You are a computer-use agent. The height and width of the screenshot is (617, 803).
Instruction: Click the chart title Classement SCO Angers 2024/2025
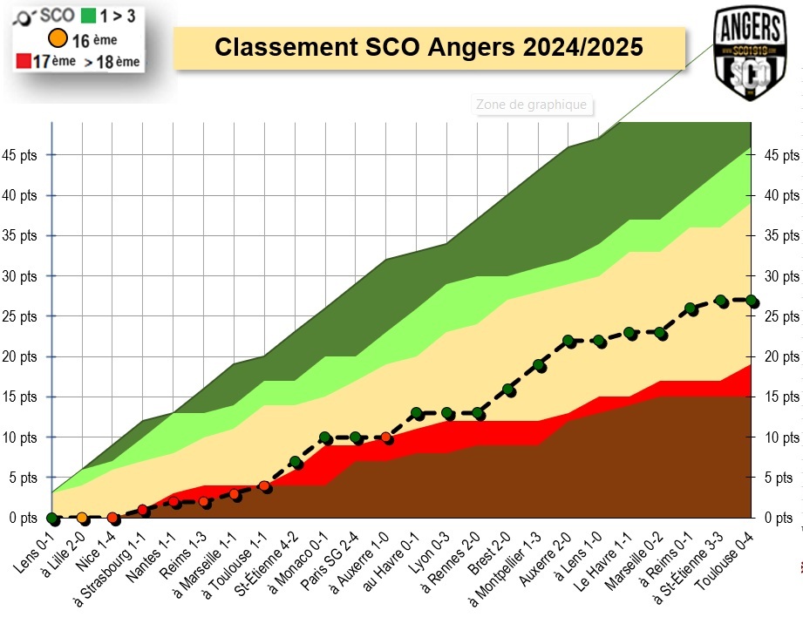(x=429, y=47)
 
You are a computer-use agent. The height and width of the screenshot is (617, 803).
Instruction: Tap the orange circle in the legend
(x=58, y=38)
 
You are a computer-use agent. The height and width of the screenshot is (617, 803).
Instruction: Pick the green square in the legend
(x=87, y=15)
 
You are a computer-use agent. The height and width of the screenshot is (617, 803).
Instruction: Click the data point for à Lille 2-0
(x=83, y=518)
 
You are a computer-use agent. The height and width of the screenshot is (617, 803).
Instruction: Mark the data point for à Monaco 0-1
(x=325, y=437)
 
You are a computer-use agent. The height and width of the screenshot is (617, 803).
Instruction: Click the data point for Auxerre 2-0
(x=569, y=341)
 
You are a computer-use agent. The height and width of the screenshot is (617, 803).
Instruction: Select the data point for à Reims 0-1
(x=691, y=308)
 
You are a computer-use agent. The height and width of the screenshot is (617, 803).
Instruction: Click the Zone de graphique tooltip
(x=531, y=105)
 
